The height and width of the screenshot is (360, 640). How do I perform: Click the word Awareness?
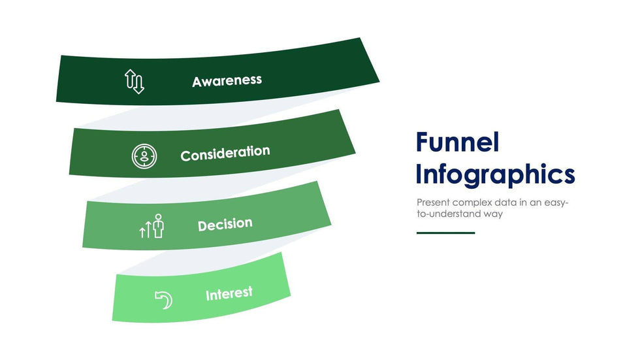(x=227, y=81)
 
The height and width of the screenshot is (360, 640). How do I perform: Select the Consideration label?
(x=225, y=154)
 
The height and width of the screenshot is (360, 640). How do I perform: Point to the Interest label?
(x=229, y=293)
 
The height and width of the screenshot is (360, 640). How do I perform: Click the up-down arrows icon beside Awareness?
(x=135, y=81)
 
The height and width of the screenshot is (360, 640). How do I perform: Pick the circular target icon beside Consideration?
(x=144, y=156)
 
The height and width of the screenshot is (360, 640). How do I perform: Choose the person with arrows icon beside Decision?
(x=152, y=226)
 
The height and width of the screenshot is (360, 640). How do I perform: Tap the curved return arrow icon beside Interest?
(x=164, y=300)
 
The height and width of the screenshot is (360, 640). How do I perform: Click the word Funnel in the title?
(x=458, y=142)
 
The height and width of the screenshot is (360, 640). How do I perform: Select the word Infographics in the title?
(x=495, y=174)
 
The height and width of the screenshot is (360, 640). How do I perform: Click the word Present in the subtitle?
(x=433, y=203)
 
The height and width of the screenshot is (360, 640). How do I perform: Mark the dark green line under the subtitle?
(x=445, y=233)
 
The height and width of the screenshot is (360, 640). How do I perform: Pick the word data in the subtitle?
(x=505, y=203)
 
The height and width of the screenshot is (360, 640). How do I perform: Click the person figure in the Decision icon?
(x=158, y=225)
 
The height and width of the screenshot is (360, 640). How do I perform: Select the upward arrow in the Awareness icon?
(x=130, y=78)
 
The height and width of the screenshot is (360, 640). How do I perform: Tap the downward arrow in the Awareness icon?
(x=138, y=84)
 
